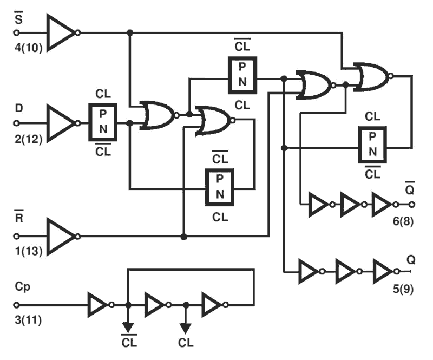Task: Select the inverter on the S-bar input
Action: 61,32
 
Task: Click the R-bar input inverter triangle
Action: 61,236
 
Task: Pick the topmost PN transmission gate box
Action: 242,74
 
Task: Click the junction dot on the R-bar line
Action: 184,237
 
